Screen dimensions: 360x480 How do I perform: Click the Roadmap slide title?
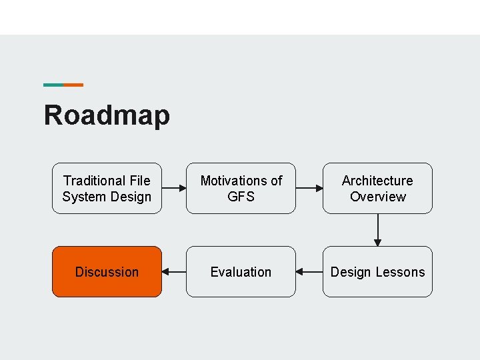point(107,115)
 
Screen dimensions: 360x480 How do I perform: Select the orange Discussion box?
point(107,272)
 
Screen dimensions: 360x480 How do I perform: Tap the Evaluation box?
point(241,272)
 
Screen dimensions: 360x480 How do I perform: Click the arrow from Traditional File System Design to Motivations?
point(174,189)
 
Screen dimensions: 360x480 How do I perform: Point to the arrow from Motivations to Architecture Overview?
point(309,189)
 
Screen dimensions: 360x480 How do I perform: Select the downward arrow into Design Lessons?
point(377,230)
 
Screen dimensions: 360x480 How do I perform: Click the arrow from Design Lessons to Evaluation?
point(309,272)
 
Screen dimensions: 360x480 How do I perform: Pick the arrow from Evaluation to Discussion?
point(174,272)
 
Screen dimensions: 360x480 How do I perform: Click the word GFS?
point(241,197)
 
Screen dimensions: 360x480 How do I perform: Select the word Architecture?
point(377,181)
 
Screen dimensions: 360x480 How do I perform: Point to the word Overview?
point(377,197)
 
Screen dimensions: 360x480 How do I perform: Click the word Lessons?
point(400,272)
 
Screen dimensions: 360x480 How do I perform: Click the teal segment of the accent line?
point(53,85)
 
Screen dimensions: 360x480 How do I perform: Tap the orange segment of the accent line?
point(73,85)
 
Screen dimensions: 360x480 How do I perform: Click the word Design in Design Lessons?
point(351,272)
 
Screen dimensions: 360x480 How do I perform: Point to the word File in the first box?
point(139,181)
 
